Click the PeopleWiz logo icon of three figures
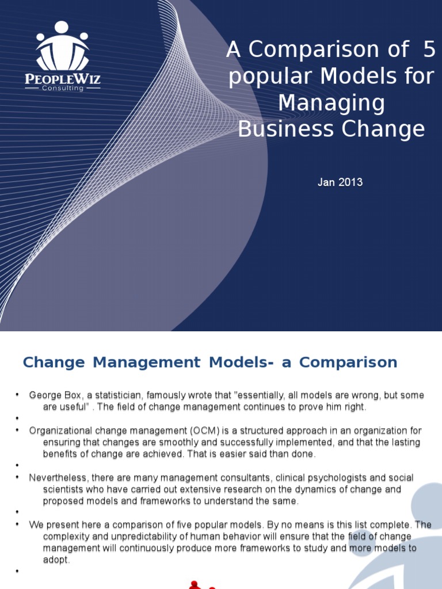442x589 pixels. point(62,46)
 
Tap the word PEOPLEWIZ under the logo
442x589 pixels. point(63,79)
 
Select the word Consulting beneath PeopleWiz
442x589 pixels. point(63,89)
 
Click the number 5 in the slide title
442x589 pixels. point(429,50)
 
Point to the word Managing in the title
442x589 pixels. point(331,103)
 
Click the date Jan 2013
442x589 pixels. point(340,182)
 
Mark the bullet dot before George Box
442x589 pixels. point(17,395)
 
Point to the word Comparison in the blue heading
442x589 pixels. point(348,362)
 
